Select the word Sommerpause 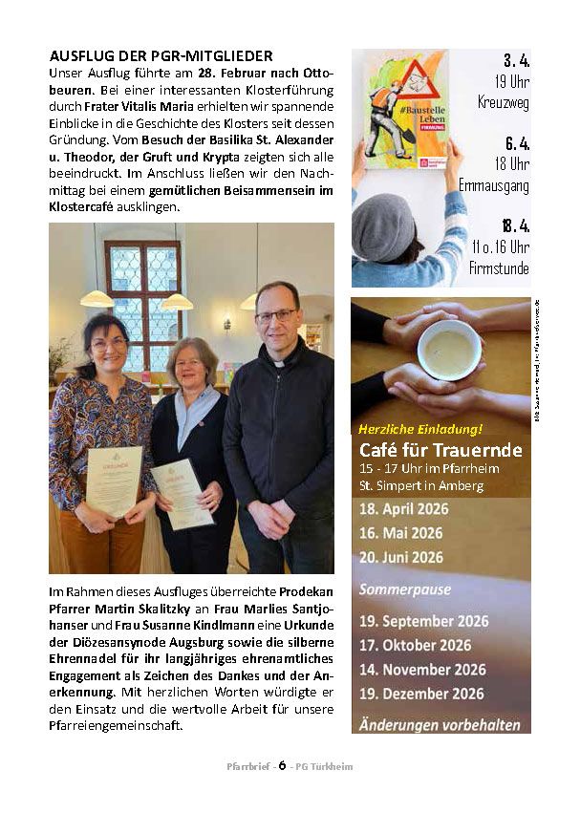click(404, 589)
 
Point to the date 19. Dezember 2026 click(421, 694)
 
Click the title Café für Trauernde click(440, 450)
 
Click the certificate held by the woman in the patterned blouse click(115, 481)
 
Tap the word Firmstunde click(499, 268)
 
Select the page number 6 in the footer click(283, 765)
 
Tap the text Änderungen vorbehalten click(440, 725)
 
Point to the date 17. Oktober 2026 click(415, 645)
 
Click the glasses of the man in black click(276, 315)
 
